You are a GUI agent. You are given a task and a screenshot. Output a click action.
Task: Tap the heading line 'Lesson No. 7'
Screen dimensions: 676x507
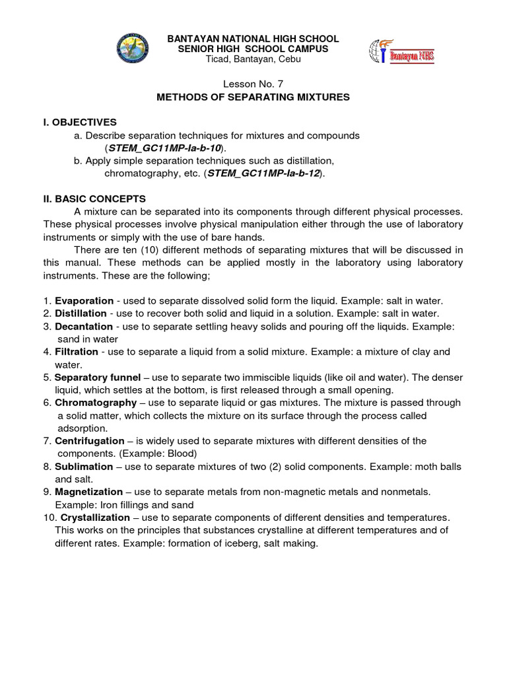pos(253,84)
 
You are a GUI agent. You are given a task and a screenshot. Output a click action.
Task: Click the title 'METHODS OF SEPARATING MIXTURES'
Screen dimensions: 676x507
pos(253,97)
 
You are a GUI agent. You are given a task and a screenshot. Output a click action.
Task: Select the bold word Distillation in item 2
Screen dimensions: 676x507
pos(81,314)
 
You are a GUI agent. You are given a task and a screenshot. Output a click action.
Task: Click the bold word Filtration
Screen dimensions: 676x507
pos(77,352)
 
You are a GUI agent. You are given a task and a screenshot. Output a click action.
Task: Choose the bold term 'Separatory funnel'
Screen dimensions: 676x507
pos(97,378)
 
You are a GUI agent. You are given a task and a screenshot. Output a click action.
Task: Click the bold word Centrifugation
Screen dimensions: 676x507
pos(89,440)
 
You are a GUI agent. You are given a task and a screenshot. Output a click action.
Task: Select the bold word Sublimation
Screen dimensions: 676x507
pos(84,466)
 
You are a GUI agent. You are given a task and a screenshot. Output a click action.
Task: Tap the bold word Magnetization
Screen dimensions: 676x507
pos(88,492)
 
